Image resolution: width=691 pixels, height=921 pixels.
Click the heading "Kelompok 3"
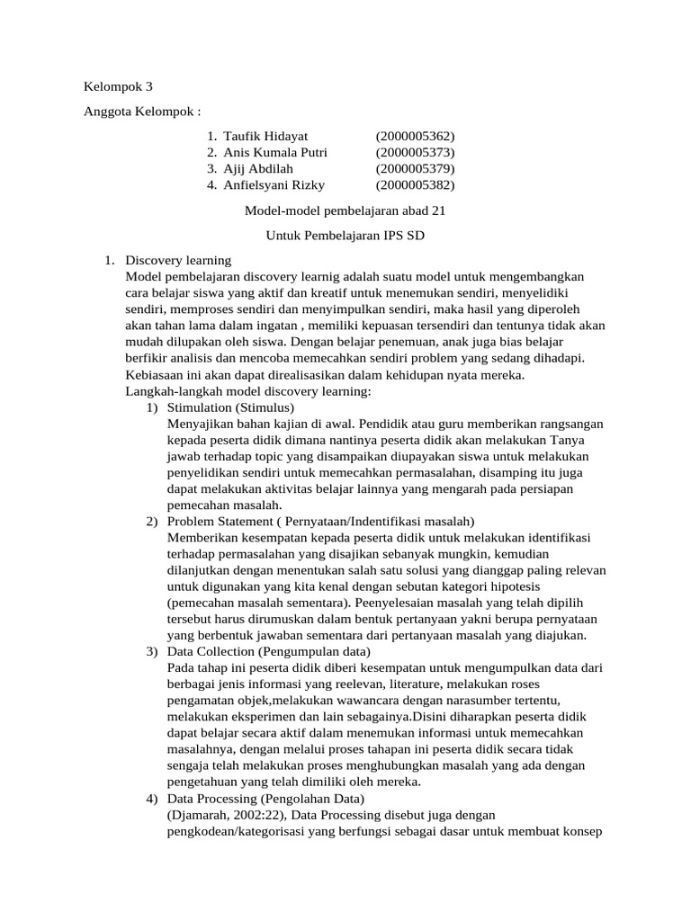pyautogui.click(x=119, y=87)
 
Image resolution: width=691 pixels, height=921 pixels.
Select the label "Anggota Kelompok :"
pyautogui.click(x=142, y=112)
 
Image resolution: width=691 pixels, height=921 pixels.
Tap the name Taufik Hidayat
pyautogui.click(x=265, y=136)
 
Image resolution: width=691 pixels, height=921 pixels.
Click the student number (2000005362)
pyautogui.click(x=416, y=136)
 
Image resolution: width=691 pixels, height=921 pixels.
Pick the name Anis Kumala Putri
pyautogui.click(x=275, y=152)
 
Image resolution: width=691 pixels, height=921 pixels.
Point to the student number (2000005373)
pyautogui.click(x=416, y=152)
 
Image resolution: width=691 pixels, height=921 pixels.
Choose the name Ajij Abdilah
pyautogui.click(x=258, y=168)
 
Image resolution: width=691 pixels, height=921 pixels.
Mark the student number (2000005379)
pyautogui.click(x=416, y=168)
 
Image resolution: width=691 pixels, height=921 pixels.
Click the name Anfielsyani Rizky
pyautogui.click(x=274, y=185)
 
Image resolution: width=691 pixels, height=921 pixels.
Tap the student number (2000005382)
pyautogui.click(x=416, y=185)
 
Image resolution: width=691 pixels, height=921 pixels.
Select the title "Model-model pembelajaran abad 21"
pyautogui.click(x=345, y=210)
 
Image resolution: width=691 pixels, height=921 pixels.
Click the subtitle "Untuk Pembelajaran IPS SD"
pyautogui.click(x=345, y=236)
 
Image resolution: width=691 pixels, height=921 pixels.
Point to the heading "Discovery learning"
pyautogui.click(x=179, y=261)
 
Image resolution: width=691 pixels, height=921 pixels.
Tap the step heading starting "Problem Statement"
pyautogui.click(x=320, y=522)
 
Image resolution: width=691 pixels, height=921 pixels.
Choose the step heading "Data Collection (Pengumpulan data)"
pyautogui.click(x=269, y=651)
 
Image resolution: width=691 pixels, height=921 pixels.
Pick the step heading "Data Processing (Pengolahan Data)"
pyautogui.click(x=265, y=799)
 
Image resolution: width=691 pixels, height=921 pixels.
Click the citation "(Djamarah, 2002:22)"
pyautogui.click(x=228, y=815)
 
